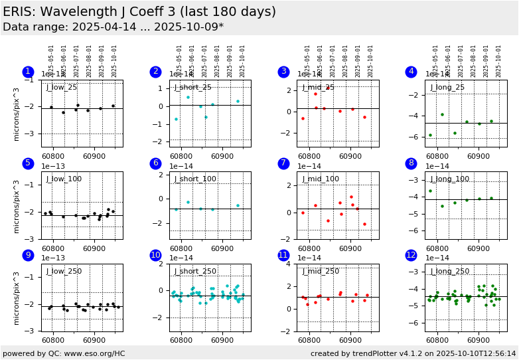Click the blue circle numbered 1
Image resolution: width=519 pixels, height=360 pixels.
27,72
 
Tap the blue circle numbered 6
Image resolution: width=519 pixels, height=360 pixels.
155,163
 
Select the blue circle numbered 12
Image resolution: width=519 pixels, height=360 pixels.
411,255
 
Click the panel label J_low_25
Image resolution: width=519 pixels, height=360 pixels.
62,87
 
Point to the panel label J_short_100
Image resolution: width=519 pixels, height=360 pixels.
195,179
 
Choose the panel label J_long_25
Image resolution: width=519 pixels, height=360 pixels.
447,87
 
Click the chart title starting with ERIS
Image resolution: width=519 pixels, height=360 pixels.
139,12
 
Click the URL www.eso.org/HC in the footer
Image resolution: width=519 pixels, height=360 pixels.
95,353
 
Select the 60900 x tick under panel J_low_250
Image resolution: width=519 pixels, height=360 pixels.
94,340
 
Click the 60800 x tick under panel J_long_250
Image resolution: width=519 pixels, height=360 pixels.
437,340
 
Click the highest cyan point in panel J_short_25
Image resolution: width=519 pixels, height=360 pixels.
188,97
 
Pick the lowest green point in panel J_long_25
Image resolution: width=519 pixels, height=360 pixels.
430,135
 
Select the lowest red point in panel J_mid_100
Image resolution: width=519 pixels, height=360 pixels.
364,224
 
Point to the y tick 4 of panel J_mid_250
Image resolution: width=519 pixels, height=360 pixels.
291,264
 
